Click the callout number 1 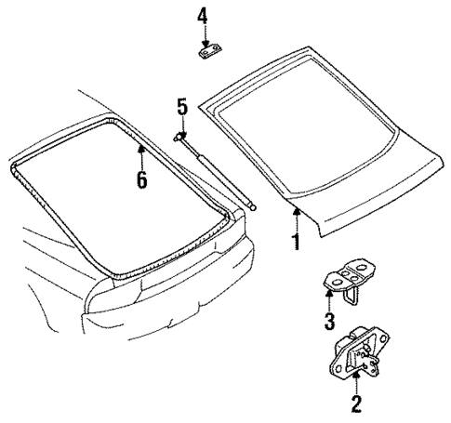coord(296,243)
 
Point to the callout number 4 coord(204,16)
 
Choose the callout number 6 coord(141,178)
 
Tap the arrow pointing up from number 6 coord(141,153)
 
